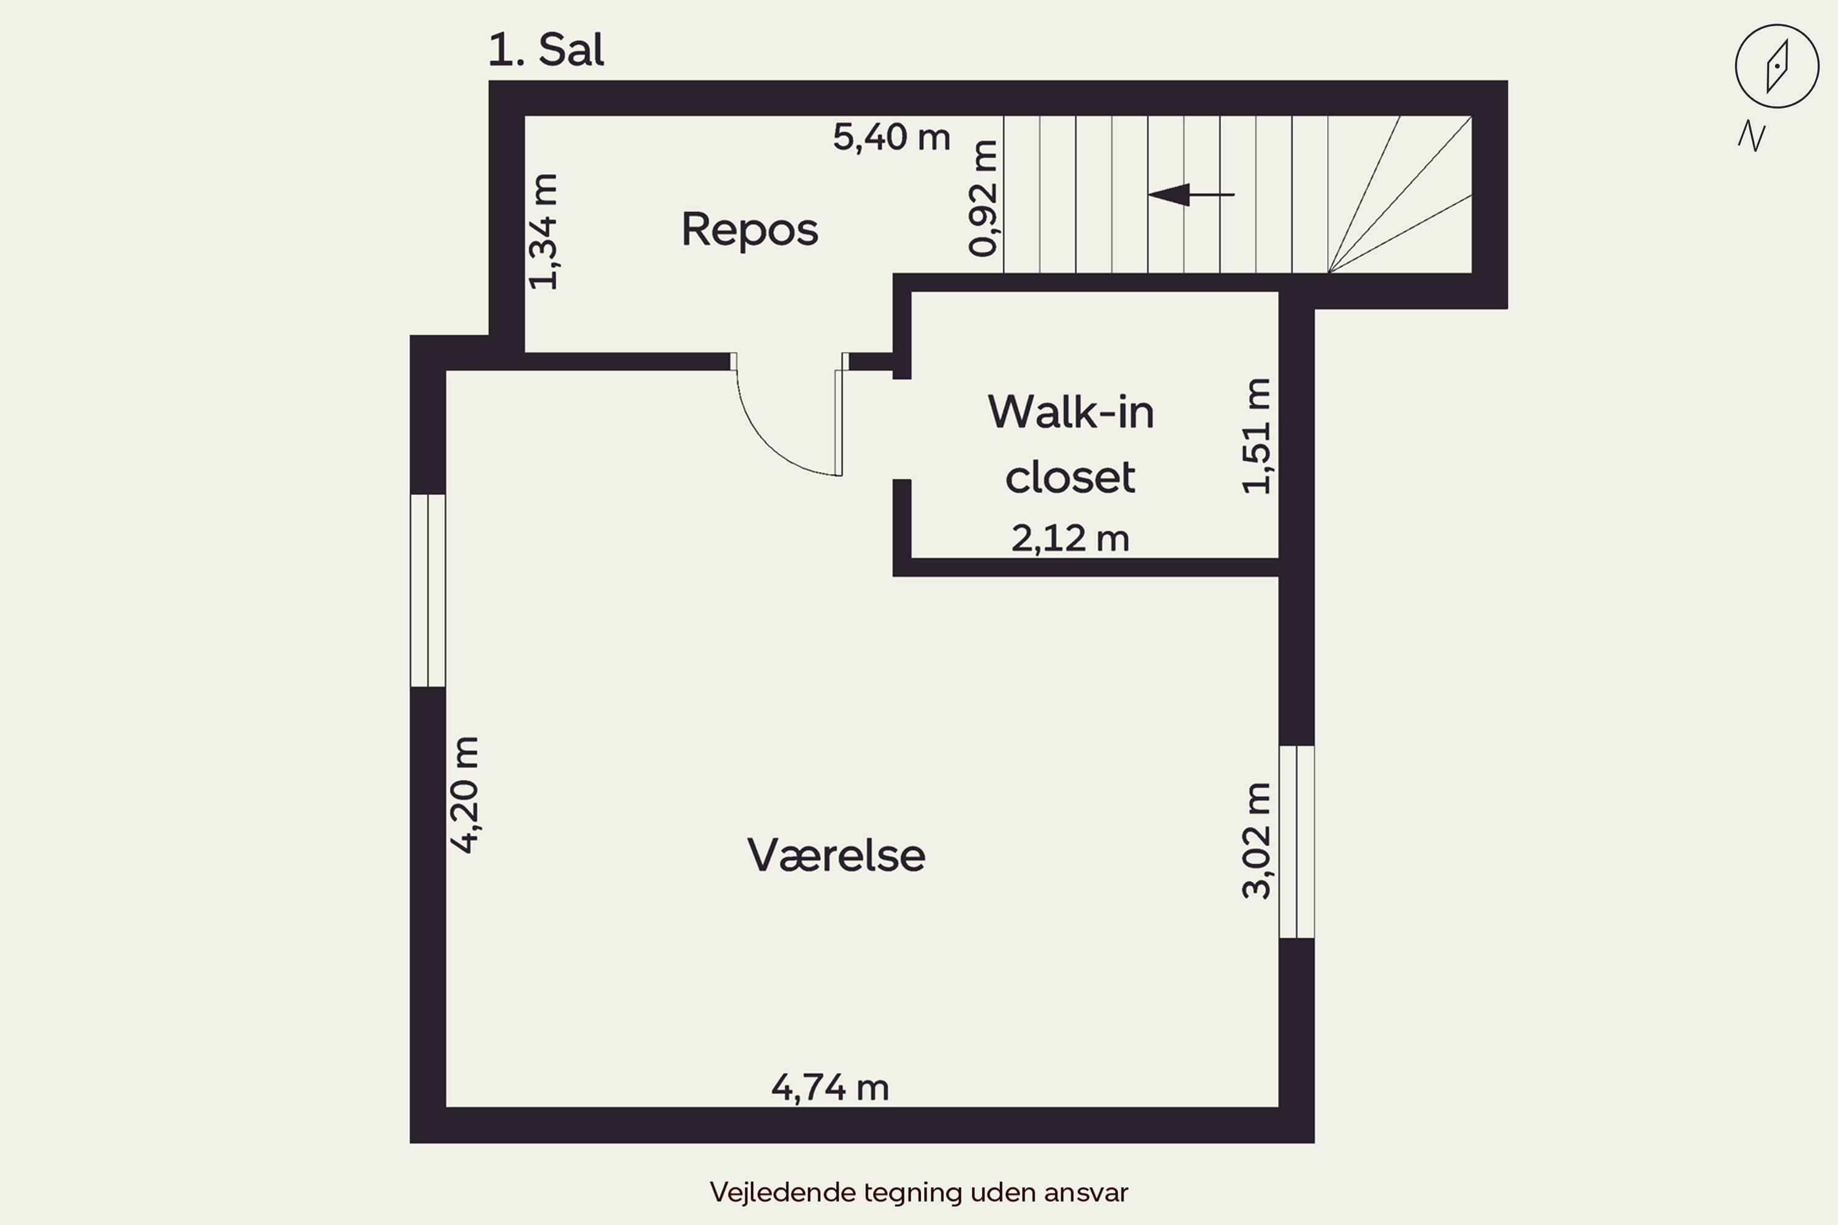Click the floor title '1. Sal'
coord(545,50)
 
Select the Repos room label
coord(749,230)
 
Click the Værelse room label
coord(836,854)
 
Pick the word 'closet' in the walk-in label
coord(1070,477)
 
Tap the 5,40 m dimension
coord(891,137)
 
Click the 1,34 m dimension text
coord(544,232)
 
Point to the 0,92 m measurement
coord(983,198)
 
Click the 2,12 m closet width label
coord(1070,539)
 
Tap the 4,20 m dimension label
coord(464,794)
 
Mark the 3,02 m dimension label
coord(1257,840)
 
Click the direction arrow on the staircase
coord(1191,195)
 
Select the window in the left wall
coord(428,590)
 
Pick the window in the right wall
coord(1296,842)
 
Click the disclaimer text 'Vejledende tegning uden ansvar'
coord(919,1192)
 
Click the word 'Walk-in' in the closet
coord(1070,412)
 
